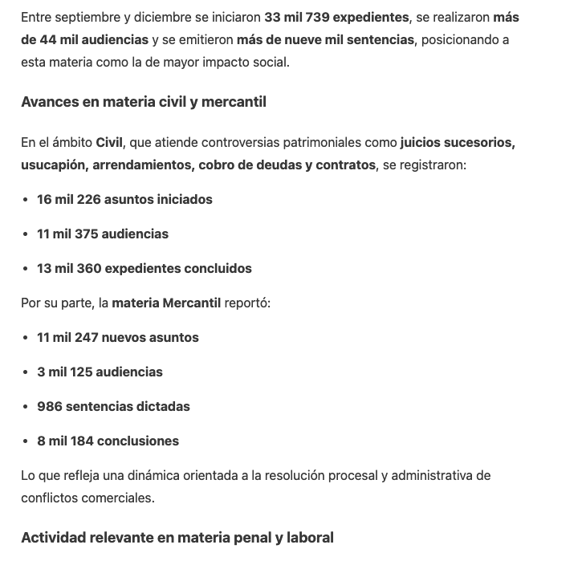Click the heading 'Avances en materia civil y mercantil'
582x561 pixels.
[144, 102]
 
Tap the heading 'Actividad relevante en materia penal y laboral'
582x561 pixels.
[177, 537]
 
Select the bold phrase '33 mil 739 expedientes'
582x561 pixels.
[336, 17]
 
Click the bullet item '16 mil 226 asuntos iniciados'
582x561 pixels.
[124, 199]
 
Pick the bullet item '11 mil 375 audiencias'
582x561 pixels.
[103, 234]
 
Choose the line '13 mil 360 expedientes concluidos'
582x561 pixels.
[144, 268]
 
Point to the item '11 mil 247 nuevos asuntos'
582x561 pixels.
[118, 337]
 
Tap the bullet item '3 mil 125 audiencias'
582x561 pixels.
[100, 372]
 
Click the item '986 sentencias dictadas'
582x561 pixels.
[113, 406]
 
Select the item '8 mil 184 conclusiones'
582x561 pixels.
[108, 441]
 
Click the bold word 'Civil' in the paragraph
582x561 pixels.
[109, 143]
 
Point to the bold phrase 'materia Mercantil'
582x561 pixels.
[166, 303]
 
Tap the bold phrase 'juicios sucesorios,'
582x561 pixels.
[458, 143]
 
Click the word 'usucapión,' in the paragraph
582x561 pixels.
[55, 165]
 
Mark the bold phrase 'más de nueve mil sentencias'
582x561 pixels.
[326, 39]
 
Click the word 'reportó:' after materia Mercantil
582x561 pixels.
[247, 303]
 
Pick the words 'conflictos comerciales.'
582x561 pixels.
[88, 498]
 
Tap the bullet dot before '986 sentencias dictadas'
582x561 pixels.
[26, 406]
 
